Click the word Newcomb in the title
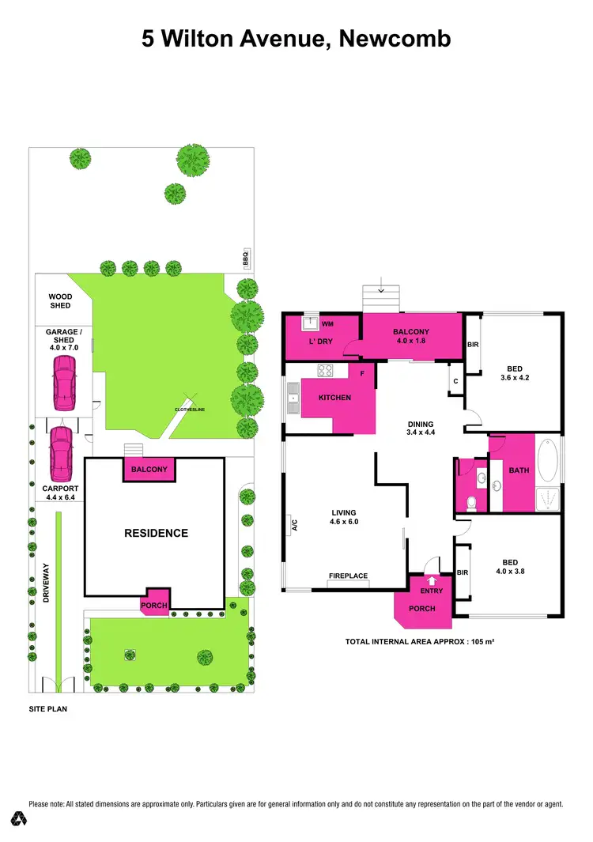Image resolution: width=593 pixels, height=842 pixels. coord(395,39)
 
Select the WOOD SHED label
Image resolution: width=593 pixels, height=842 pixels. coord(60,301)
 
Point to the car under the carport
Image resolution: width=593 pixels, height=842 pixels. coord(60,454)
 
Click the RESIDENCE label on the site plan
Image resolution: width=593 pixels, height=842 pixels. coord(156,533)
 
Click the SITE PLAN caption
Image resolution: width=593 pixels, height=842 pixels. coord(47,709)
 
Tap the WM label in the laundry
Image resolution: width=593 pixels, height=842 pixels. coord(327,324)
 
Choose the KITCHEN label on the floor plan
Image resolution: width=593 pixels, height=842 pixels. coord(334,398)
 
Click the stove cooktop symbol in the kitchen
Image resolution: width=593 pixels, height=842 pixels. coord(324,371)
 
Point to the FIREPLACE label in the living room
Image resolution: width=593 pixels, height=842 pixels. coord(349,576)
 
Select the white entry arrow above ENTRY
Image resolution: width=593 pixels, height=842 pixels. coord(431,581)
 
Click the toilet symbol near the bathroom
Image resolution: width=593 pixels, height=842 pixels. coord(471,501)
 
